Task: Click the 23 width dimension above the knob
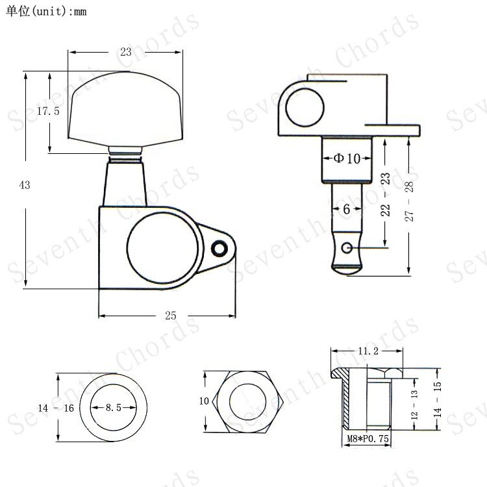pos(126,52)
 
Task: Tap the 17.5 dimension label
pos(48,111)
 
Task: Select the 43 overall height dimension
pos(25,185)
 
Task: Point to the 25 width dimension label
pos(171,316)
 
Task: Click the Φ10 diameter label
pos(347,158)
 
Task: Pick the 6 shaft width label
pos(347,209)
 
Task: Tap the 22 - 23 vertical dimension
pos(385,194)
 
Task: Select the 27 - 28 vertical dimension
pos(409,201)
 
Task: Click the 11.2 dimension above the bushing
pos(368,351)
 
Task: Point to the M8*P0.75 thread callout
pos(368,438)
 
